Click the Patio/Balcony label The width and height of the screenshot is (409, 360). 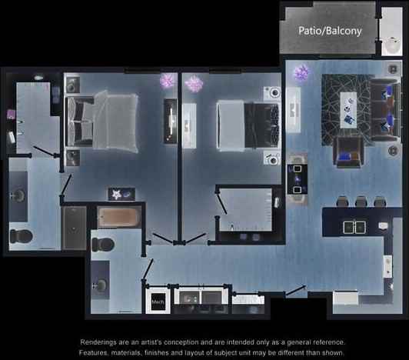(330, 31)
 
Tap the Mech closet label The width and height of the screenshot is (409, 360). (158, 302)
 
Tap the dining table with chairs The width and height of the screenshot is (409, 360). (298, 178)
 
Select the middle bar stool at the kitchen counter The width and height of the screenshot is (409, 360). (361, 202)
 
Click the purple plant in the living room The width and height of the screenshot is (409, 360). (300, 73)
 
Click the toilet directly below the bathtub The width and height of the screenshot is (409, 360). (102, 245)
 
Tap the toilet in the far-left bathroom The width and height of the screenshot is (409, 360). (20, 235)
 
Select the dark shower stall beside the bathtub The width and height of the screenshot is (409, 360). (74, 227)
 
